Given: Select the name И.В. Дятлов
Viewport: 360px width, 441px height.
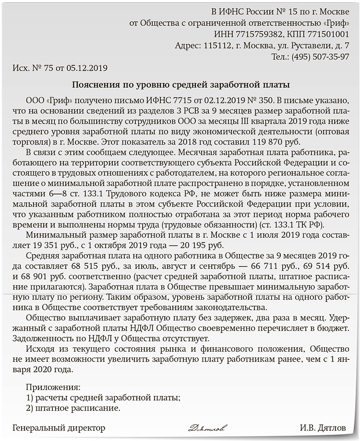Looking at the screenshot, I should coord(323,427).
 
